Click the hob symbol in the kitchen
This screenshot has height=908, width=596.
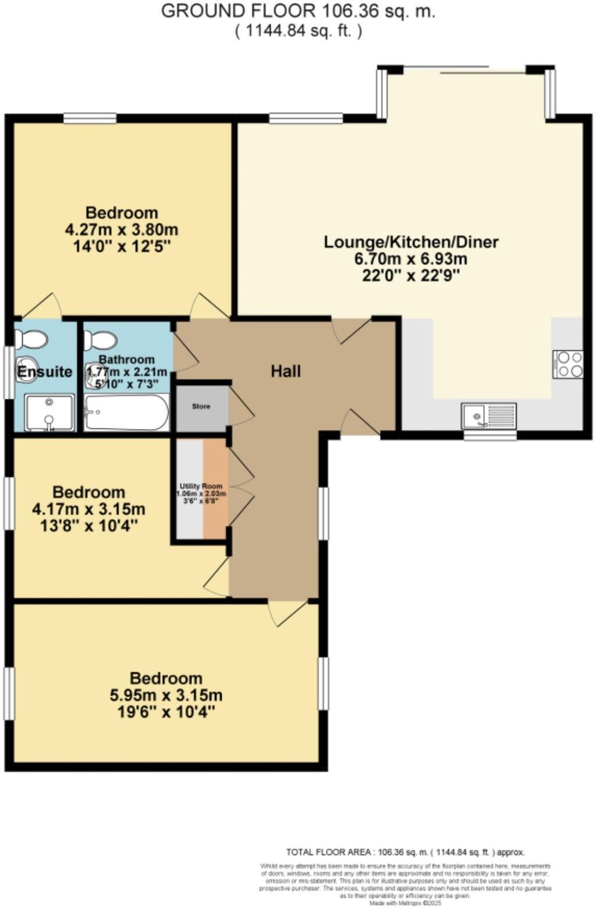tap(567, 364)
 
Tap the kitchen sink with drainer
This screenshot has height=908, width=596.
tap(489, 416)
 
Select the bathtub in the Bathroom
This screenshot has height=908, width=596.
tap(126, 413)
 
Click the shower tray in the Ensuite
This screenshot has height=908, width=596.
tap(49, 413)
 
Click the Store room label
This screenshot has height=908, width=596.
tap(201, 406)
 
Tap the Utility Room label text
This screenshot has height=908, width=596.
tap(201, 486)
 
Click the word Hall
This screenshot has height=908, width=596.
tap(286, 371)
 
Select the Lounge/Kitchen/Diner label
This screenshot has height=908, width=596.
tap(411, 242)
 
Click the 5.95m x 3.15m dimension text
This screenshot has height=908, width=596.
tap(166, 695)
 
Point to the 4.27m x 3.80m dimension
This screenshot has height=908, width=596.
tap(122, 229)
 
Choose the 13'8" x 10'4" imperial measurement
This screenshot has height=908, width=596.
tap(88, 526)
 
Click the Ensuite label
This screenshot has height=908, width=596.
tap(44, 372)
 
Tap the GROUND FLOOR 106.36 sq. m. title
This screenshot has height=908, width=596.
tap(297, 12)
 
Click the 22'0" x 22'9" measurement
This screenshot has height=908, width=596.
tap(411, 275)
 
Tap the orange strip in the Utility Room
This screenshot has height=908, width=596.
tap(215, 489)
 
